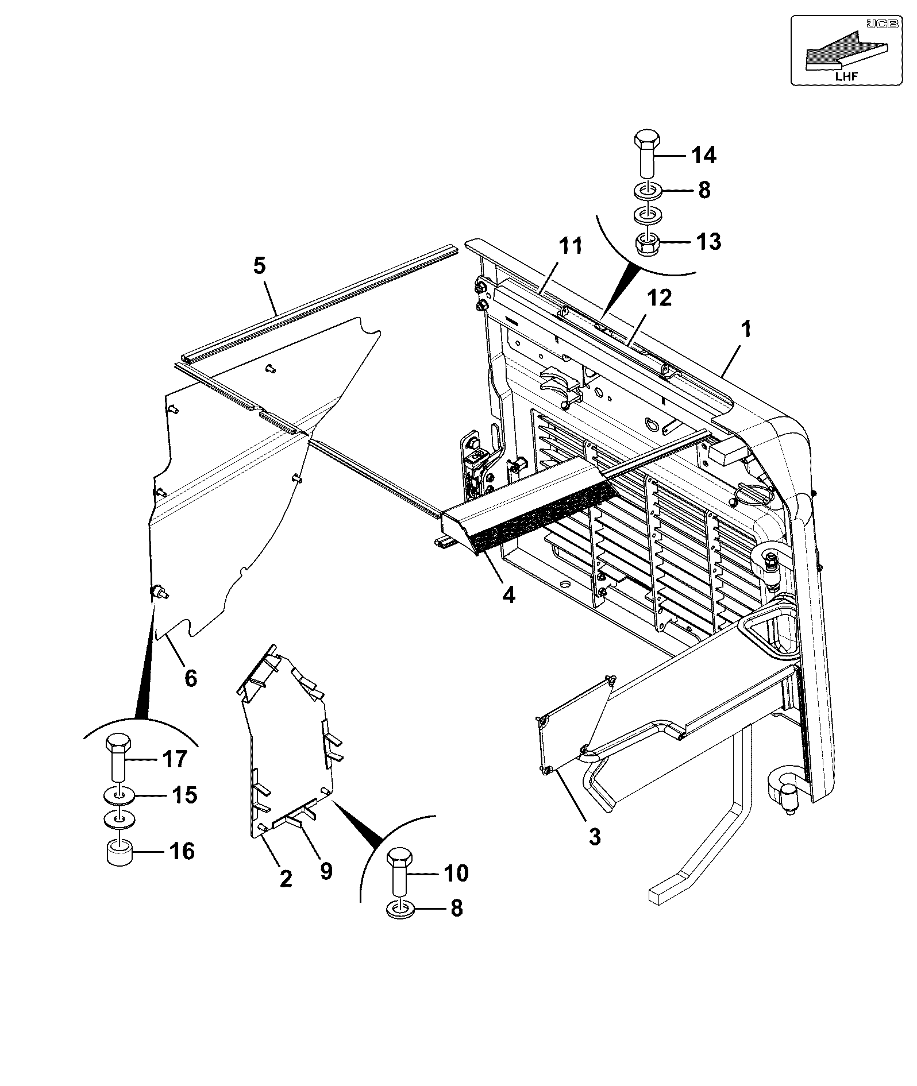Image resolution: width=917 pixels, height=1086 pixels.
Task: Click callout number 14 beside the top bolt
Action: point(704,155)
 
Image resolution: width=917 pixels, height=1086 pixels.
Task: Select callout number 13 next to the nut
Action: point(708,242)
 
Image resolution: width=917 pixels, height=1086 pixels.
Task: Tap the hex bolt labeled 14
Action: point(647,154)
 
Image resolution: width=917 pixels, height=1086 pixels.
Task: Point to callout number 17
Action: point(174,759)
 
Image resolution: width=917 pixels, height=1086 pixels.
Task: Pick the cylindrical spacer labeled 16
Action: point(120,852)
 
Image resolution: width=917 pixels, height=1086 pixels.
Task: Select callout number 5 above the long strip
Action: point(259,266)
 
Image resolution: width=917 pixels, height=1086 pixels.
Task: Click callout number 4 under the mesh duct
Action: point(508,595)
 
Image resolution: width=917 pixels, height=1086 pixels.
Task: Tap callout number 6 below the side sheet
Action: point(191,678)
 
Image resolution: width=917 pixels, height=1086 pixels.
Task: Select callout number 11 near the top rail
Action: point(571,246)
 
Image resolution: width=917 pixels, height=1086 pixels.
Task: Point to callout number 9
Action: point(326,871)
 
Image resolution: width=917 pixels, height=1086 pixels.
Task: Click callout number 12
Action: point(659,298)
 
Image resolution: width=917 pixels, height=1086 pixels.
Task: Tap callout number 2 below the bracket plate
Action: point(286,878)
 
